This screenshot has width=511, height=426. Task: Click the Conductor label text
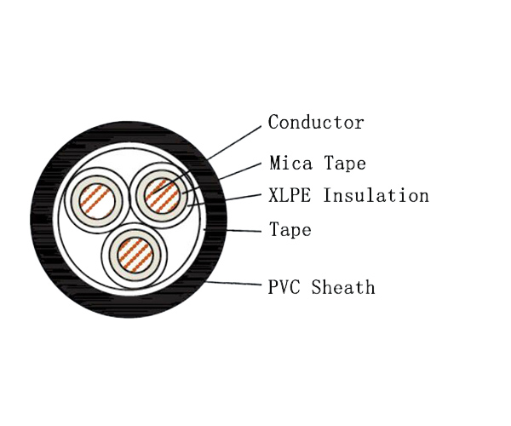click(x=316, y=123)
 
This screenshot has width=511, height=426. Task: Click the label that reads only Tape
click(x=290, y=230)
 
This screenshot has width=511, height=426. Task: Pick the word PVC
click(x=285, y=287)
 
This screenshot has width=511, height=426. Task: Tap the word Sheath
click(x=343, y=287)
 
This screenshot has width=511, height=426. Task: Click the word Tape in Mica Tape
click(x=338, y=162)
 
